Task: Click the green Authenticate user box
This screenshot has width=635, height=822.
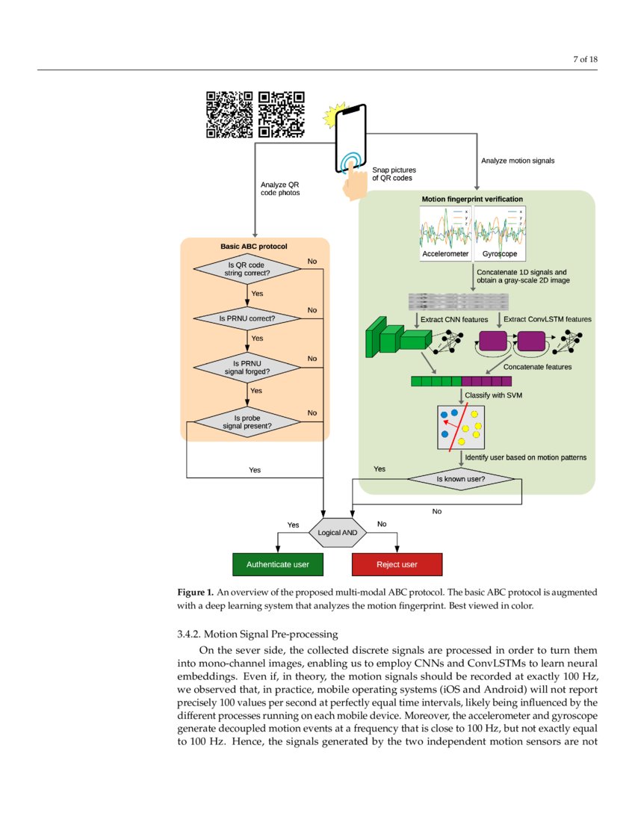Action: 278,564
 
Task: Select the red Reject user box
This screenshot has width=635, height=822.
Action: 397,564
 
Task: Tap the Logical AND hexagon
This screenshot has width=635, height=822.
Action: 338,533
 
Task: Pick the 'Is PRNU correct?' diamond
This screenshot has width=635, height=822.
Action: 247,318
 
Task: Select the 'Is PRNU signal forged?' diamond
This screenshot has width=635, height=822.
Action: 247,367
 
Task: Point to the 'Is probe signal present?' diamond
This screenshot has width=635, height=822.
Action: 247,422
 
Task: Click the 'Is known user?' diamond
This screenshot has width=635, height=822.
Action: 461,478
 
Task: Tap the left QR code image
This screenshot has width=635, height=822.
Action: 229,114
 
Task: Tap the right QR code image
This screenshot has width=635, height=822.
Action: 282,114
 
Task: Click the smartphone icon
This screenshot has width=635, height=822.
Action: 353,139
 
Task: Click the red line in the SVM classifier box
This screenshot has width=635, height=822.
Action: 458,427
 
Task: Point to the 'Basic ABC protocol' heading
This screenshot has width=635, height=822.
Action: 253,246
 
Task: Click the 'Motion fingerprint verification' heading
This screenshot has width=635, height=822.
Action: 472,200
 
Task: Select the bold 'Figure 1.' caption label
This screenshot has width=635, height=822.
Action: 196,592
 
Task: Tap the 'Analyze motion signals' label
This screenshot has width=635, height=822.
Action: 517,161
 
